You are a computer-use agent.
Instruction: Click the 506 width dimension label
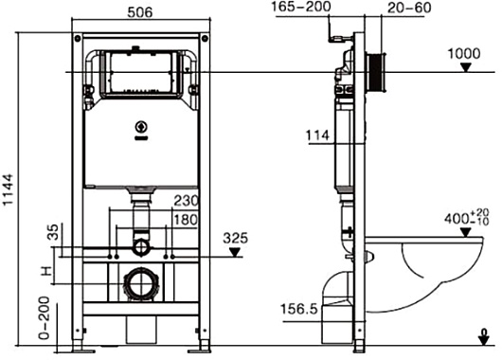pos(140,12)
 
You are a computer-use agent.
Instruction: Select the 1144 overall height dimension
pos(8,189)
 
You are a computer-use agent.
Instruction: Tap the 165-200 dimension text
pos(301,7)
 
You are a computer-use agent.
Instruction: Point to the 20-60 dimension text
pos(409,8)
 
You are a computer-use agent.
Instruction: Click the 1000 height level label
pos(463,54)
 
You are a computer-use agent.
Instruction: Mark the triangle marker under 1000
pos(466,67)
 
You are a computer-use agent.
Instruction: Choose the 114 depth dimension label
pos(317,135)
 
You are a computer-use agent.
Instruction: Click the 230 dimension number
pos(187,201)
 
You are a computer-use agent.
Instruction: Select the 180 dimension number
pos(186,220)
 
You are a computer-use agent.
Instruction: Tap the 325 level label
pos(235,239)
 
